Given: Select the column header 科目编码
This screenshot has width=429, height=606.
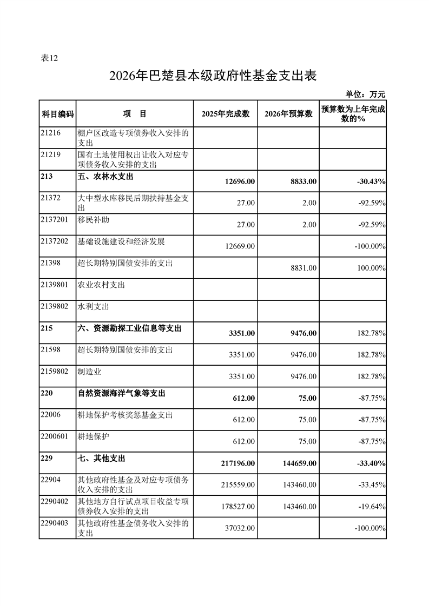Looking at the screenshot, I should [57, 114].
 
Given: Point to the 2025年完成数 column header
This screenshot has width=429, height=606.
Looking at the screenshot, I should [225, 114].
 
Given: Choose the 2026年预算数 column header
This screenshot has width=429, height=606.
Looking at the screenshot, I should [288, 114].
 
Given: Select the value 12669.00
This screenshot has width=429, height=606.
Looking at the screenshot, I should [238, 246].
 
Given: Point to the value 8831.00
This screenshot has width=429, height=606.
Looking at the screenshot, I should [303, 267].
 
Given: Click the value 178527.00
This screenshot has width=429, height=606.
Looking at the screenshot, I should [236, 506].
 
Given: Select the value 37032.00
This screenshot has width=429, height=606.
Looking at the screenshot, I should [238, 528].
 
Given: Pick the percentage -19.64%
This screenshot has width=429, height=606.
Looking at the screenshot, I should [371, 506].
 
